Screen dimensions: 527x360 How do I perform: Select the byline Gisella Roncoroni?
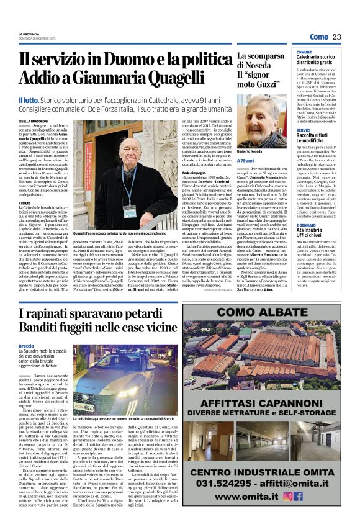click(x=32, y=120)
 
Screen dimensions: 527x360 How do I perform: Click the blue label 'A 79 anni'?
click(x=246, y=160)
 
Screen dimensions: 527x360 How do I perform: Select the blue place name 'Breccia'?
click(x=27, y=345)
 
